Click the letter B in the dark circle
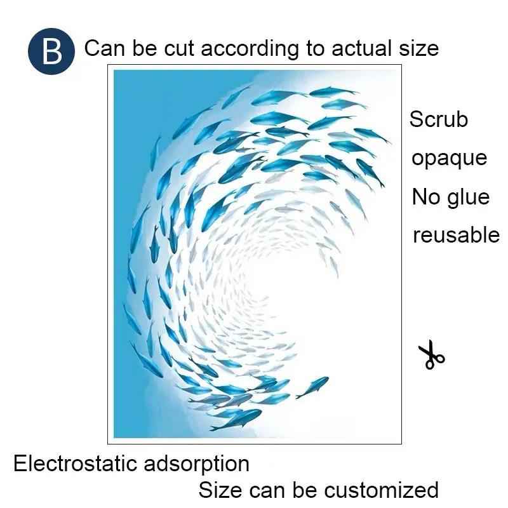pyautogui.click(x=52, y=51)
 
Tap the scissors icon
pyautogui.click(x=431, y=354)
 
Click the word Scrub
pyautogui.click(x=439, y=119)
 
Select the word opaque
pyautogui.click(x=450, y=159)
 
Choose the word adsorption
pyautogui.click(x=197, y=464)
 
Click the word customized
pyautogui.click(x=382, y=490)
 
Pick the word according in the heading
pyautogui.click(x=250, y=50)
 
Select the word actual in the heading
pyautogui.click(x=363, y=48)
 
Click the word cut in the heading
pyautogui.click(x=179, y=49)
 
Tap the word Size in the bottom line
pyautogui.click(x=220, y=490)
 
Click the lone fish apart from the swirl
pyautogui.click(x=312, y=387)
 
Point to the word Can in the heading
pyautogui.click(x=105, y=48)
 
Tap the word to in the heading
pyautogui.click(x=315, y=49)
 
